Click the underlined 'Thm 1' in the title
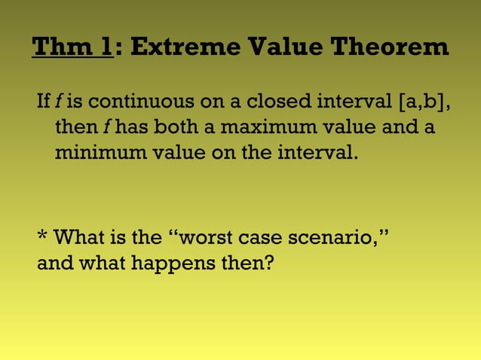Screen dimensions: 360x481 pos(72,48)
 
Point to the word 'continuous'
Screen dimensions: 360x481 pos(130,100)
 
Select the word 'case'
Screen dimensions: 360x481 pos(260,239)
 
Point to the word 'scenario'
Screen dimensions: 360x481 pos(331,239)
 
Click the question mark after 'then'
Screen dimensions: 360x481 pos(268,265)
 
